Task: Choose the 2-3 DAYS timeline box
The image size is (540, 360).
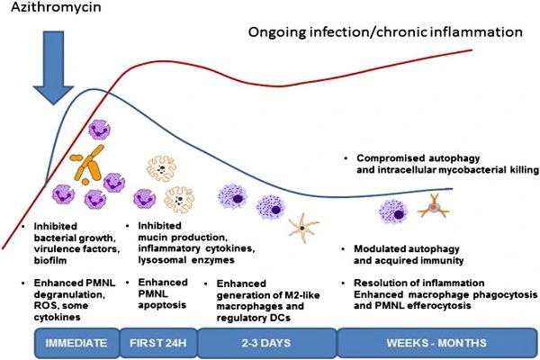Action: tap(265, 343)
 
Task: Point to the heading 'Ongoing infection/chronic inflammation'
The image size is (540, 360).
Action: tap(385, 32)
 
